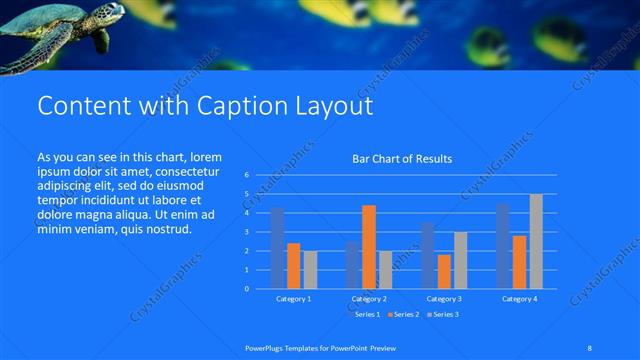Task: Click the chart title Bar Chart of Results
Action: (402, 159)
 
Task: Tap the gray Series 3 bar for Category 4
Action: (536, 241)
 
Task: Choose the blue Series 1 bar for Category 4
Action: (503, 246)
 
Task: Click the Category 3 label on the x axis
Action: (444, 299)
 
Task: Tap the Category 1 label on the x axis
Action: (294, 299)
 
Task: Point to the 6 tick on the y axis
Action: (246, 175)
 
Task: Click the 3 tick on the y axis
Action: (246, 232)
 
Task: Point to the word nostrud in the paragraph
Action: (166, 229)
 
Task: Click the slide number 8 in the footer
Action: (590, 347)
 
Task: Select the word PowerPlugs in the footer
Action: (265, 347)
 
